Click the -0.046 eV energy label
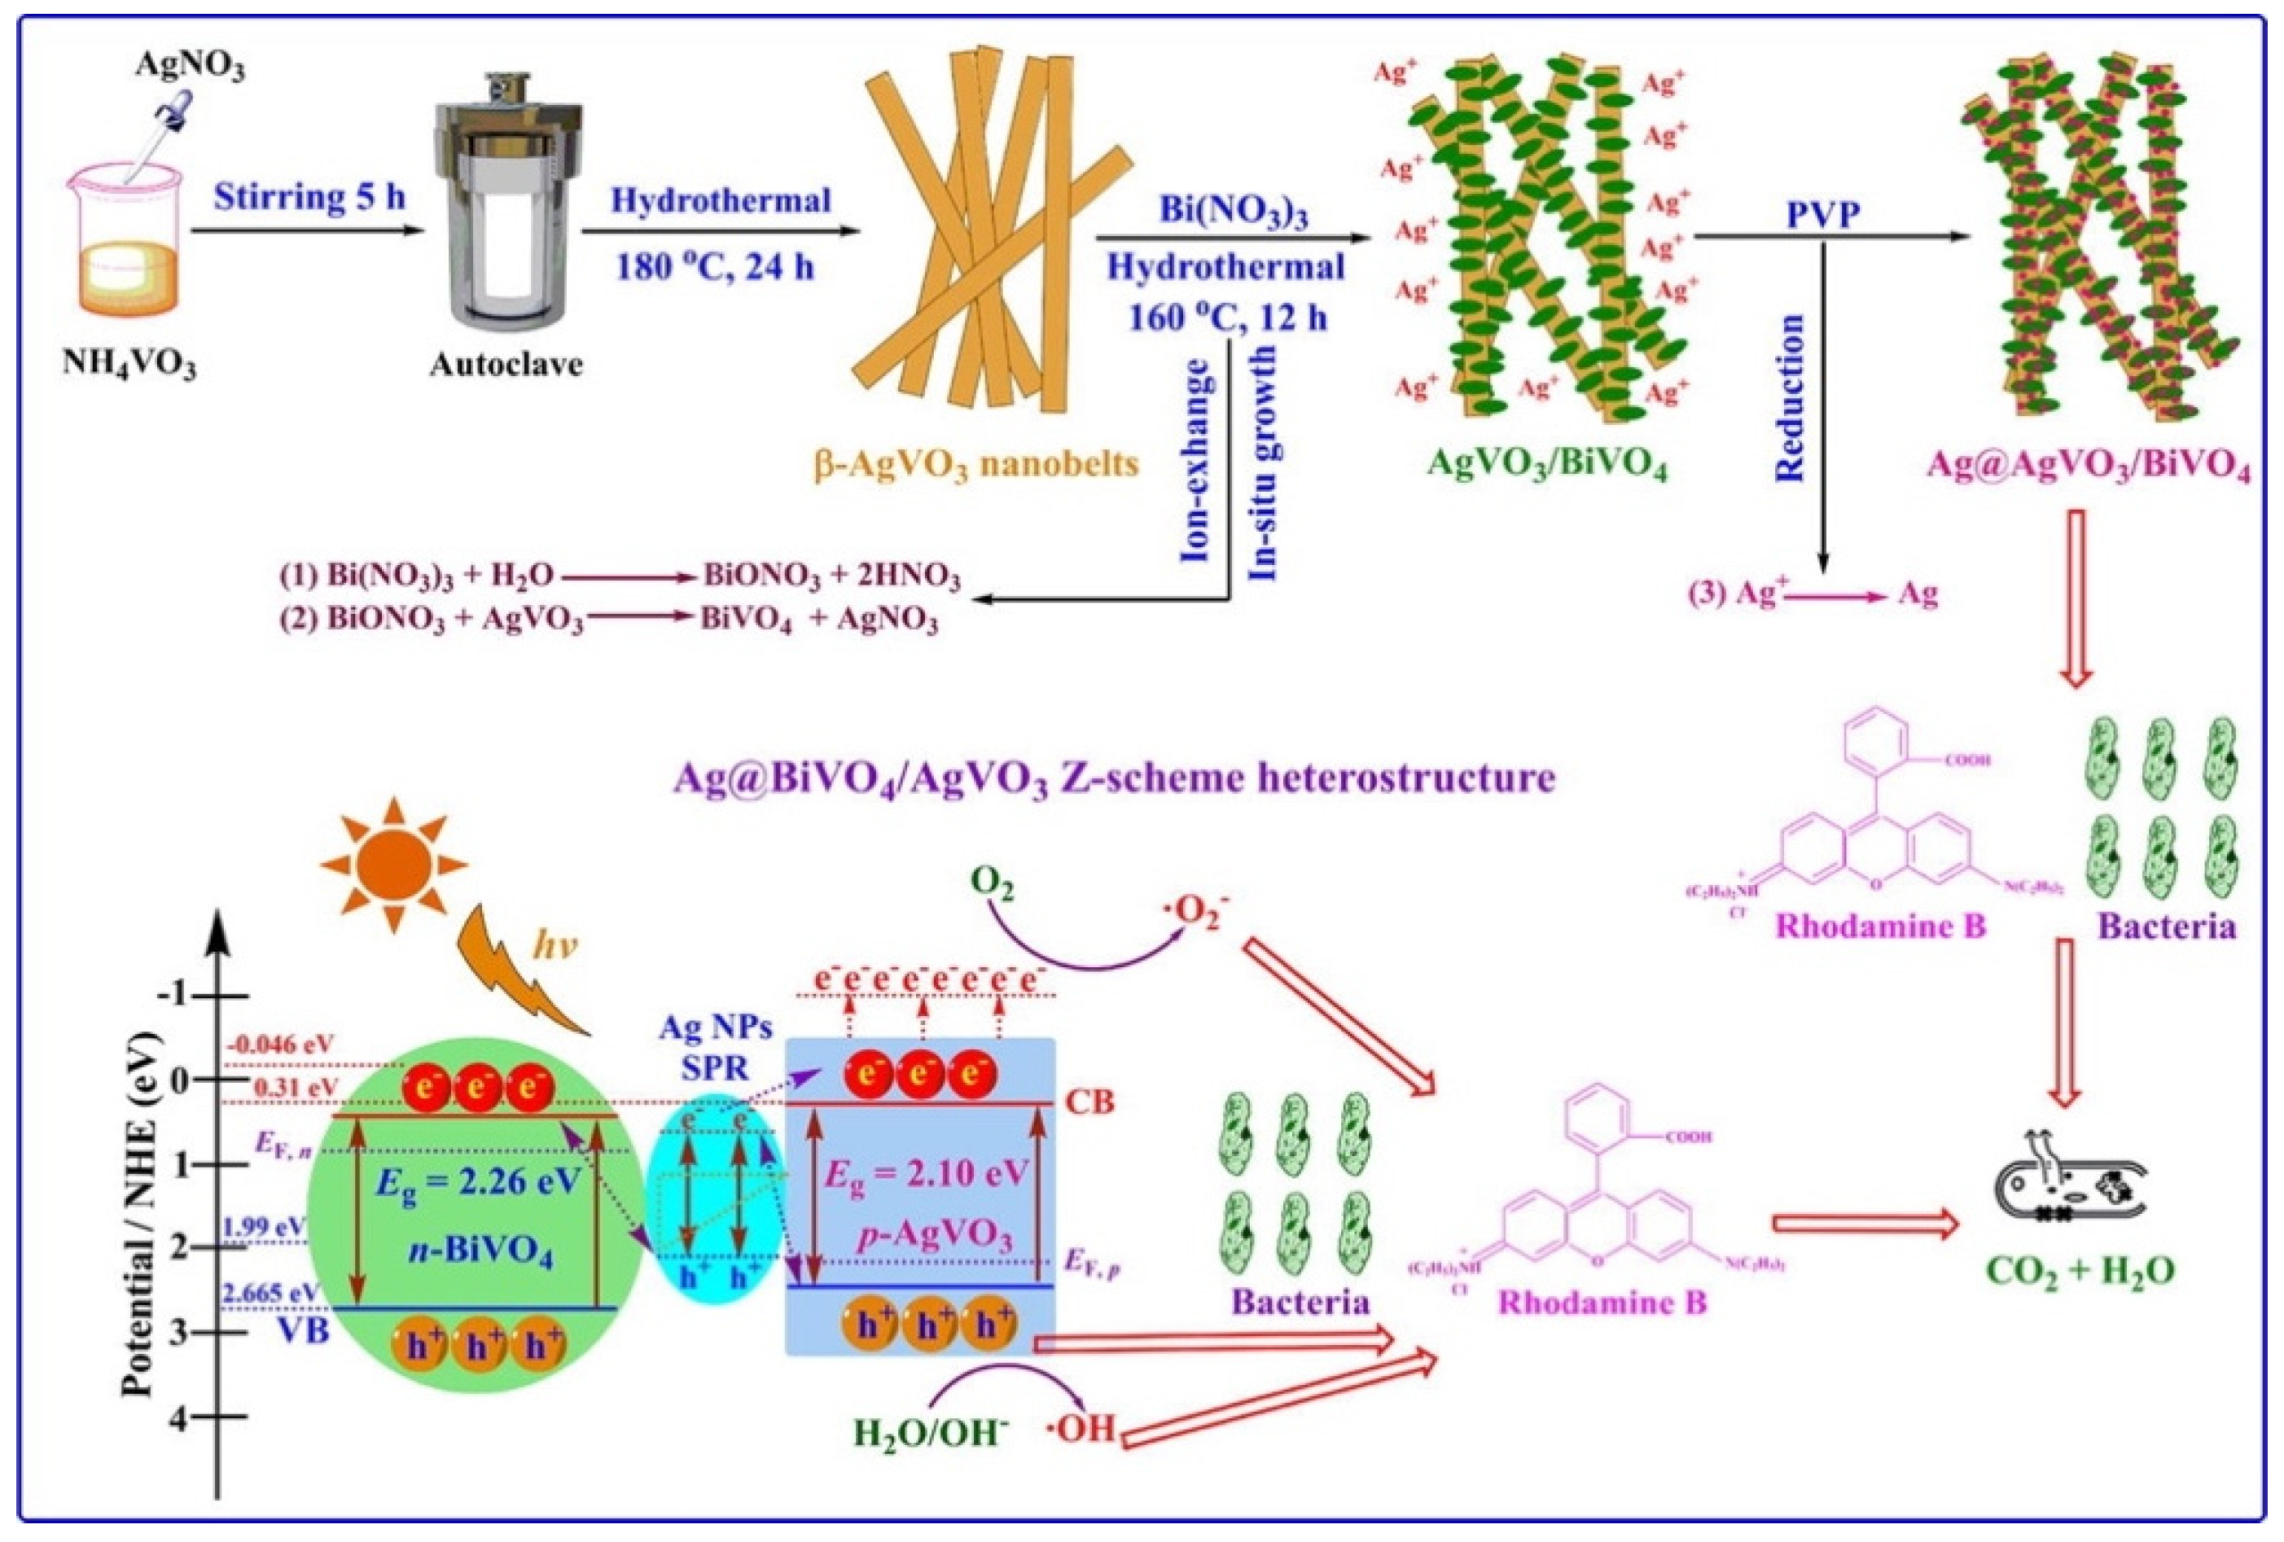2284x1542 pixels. (x=280, y=1045)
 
